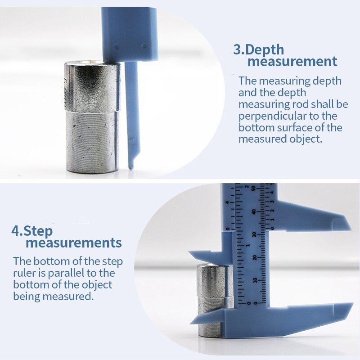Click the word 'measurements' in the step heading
coord(73,243)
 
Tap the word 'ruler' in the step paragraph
coord(26,273)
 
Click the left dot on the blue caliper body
coord(116,46)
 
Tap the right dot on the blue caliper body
coord(144,45)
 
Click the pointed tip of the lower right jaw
coord(352,305)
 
